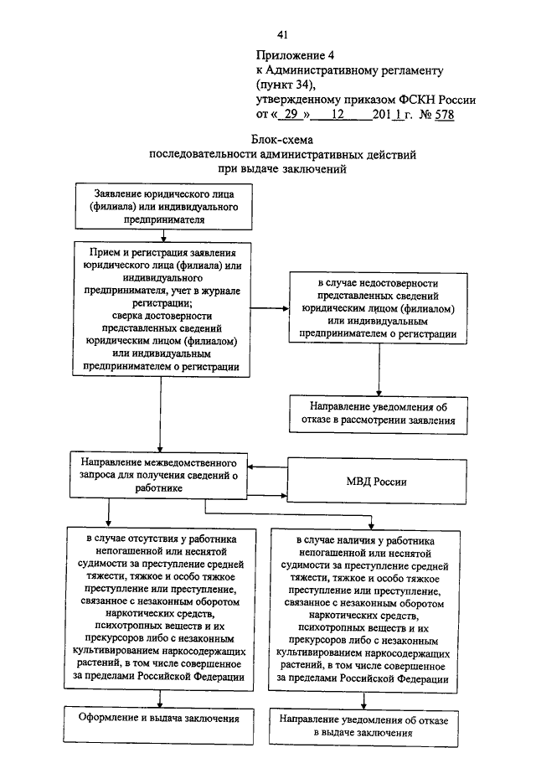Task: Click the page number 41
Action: [x=283, y=34]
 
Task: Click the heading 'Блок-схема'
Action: [x=281, y=140]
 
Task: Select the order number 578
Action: [x=444, y=115]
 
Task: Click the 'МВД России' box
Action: [x=377, y=482]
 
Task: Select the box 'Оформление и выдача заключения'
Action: [x=158, y=725]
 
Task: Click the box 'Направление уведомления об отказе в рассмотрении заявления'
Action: [x=379, y=415]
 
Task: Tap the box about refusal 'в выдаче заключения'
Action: [x=363, y=727]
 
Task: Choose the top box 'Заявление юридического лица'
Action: [x=164, y=206]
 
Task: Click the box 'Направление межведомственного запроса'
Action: [x=158, y=475]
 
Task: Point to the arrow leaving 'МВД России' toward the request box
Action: [x=267, y=467]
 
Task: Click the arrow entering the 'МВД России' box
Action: [x=267, y=496]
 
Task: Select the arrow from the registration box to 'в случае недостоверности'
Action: [x=270, y=308]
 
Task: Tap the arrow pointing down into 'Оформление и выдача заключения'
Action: [x=160, y=699]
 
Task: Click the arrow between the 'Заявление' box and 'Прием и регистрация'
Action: [x=164, y=235]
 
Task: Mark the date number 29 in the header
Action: [x=291, y=115]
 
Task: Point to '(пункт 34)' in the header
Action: [x=286, y=85]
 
